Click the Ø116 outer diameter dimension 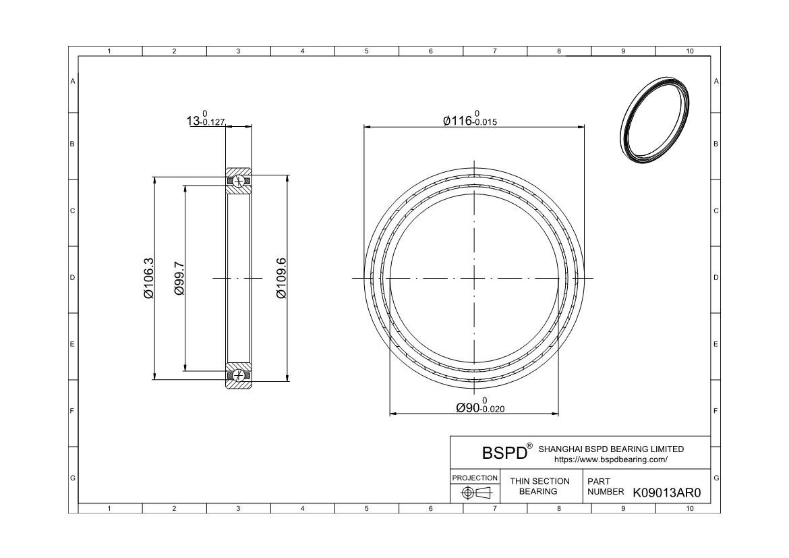pos(470,119)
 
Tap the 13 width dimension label pos(206,119)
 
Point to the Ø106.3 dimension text pos(149,278)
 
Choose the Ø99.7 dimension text pos(179,278)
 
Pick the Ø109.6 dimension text pos(282,278)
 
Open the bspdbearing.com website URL pos(611,459)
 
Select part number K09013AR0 pos(667,493)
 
